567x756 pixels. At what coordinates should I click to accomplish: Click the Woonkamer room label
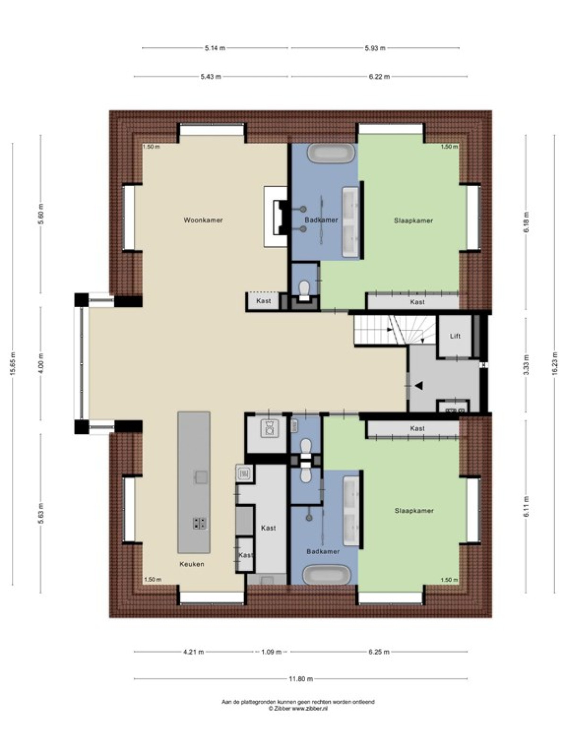point(203,220)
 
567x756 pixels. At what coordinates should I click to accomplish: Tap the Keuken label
point(192,564)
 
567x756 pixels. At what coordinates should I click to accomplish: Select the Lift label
point(455,336)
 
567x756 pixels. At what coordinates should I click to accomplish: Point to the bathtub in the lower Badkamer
point(326,574)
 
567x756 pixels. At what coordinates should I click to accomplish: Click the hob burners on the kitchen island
point(200,523)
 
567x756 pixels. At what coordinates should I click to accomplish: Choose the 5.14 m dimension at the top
point(215,48)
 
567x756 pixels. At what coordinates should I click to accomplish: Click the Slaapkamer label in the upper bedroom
point(413,221)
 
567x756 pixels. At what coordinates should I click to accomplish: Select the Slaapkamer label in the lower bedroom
point(414,511)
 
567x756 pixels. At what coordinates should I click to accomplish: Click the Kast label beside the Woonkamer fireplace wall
point(264,301)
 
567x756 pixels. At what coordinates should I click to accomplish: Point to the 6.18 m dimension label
point(526,222)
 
